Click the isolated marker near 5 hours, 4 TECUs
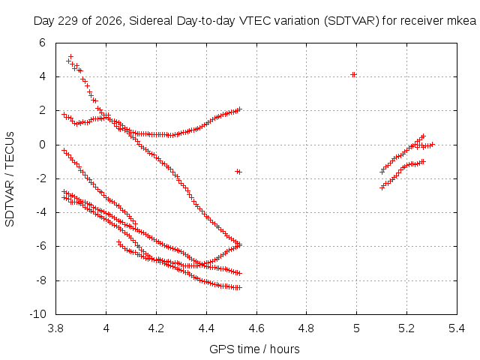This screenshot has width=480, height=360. click(353, 75)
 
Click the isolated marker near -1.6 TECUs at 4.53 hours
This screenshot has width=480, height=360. click(238, 172)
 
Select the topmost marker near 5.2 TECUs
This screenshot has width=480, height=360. click(71, 57)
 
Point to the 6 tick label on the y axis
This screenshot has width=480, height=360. click(42, 43)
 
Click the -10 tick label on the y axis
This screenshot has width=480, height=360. click(38, 314)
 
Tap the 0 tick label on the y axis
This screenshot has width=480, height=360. click(42, 145)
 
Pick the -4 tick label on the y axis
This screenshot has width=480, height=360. click(40, 212)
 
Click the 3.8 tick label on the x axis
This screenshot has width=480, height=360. click(55, 328)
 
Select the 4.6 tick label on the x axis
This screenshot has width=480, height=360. click(256, 328)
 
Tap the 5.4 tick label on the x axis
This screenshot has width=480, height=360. click(457, 328)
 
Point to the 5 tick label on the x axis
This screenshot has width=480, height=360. click(356, 328)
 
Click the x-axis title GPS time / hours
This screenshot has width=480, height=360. click(254, 349)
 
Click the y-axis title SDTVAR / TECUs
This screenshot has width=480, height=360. click(10, 179)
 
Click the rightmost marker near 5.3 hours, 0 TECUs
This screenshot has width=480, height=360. click(432, 145)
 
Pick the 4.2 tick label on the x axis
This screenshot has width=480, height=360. click(156, 328)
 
